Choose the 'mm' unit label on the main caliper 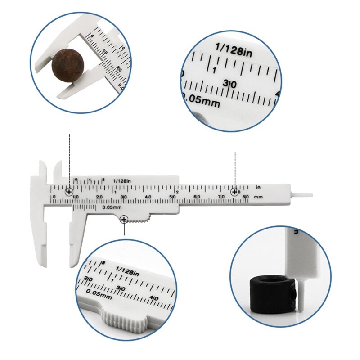(258, 197)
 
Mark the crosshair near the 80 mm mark (235, 192)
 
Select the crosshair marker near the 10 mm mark (69, 192)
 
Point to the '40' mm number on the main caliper (148, 197)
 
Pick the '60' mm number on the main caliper (196, 197)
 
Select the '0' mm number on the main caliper (54, 197)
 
